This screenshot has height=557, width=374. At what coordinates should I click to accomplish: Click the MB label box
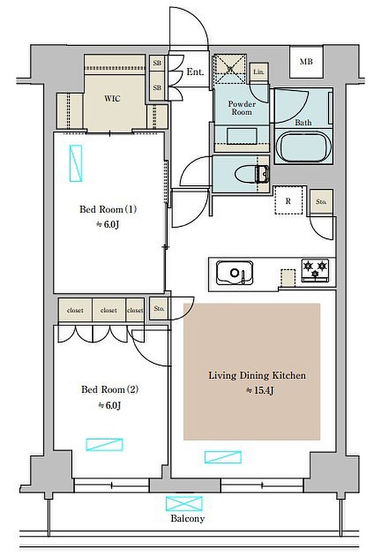coord(306,62)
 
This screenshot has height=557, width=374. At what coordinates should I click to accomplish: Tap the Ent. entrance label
coord(196,72)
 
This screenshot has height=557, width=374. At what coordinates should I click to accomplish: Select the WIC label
coord(112,98)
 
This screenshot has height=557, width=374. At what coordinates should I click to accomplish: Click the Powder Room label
coord(241,108)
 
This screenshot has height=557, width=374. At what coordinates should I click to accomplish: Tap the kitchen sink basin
coord(235,273)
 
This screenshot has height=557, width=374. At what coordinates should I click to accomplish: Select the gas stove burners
coord(315,270)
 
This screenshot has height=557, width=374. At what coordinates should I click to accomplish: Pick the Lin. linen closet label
coord(259,72)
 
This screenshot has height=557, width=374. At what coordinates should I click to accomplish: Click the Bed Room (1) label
coord(108,209)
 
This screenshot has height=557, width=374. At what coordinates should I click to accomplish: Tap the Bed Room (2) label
coord(110,390)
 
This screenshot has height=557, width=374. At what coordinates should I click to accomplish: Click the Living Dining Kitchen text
coord(257,376)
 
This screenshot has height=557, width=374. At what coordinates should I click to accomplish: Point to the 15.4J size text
coord(260,391)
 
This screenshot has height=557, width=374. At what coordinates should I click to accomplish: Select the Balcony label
coord(188,518)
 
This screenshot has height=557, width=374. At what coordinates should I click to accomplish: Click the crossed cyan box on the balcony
coord(184,503)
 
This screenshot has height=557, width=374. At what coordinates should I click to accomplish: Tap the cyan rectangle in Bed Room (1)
coord(75,163)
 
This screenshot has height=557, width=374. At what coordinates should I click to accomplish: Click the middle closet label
coord(108,310)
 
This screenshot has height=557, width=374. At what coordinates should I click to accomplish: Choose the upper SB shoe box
coord(157,63)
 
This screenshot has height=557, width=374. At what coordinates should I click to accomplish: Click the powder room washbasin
coord(241,135)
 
